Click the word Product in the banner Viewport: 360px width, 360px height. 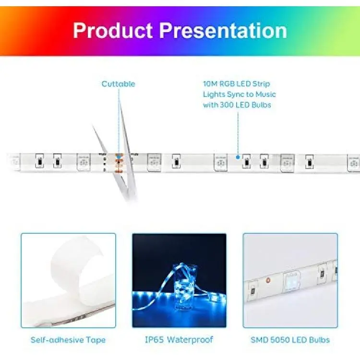click(112, 30)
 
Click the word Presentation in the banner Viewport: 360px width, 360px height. click(223, 30)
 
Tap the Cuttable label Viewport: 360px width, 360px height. click(119, 84)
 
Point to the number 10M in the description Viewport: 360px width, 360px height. click(210, 84)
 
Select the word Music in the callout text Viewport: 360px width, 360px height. click(265, 95)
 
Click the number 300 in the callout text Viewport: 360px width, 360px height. click(226, 105)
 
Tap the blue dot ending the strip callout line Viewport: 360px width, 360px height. click(238, 157)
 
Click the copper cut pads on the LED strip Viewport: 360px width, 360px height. click(119, 163)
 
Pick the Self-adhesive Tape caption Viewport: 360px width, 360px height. click(68, 340)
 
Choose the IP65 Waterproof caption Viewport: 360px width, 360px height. click(179, 339)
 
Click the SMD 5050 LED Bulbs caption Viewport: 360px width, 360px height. click(290, 340)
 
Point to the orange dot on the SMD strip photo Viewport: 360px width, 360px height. click(268, 280)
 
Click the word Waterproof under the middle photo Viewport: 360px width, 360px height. click(190, 339)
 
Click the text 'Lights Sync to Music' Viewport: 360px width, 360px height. click(240, 95)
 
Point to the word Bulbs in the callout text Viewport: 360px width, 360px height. click(261, 105)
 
